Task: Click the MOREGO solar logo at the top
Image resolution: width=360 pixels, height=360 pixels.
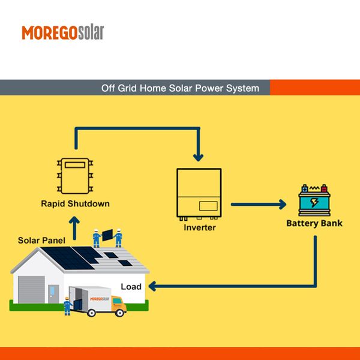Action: [x=62, y=32]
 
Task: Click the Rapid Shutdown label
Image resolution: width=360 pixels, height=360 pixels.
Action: [x=75, y=203]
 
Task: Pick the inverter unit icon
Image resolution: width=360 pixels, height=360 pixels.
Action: [x=200, y=194]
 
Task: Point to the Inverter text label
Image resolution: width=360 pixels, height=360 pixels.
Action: [x=200, y=228]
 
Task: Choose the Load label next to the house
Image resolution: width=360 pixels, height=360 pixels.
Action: [x=131, y=286]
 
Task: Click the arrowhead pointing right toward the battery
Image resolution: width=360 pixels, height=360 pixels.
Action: [x=281, y=204]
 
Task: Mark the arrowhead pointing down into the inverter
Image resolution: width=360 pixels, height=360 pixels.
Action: [x=197, y=158]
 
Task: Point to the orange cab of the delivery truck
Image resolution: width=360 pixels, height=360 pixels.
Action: [x=117, y=307]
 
